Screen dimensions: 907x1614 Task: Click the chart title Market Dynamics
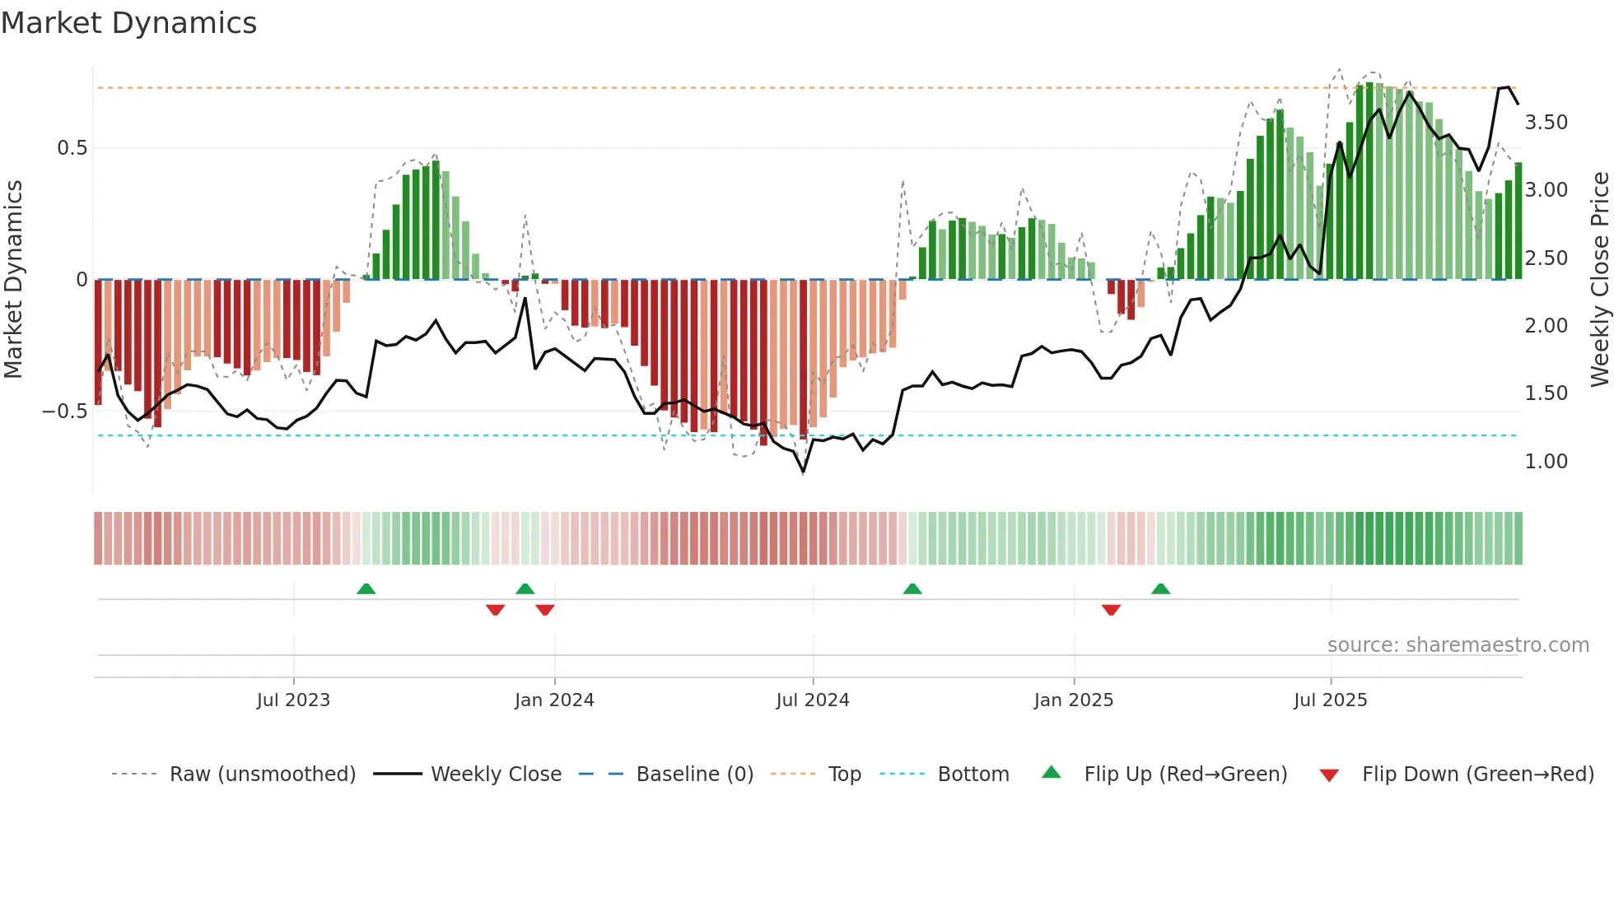coord(129,23)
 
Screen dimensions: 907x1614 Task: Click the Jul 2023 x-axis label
coord(293,700)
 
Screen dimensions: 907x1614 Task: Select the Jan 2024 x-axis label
coord(554,700)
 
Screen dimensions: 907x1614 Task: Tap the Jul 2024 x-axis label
coord(813,700)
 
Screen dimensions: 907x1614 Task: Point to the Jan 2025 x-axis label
coord(1074,700)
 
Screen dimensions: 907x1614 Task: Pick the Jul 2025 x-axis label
coord(1331,700)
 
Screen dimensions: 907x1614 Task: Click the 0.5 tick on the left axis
coord(72,148)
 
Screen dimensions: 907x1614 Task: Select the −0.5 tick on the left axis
coord(65,411)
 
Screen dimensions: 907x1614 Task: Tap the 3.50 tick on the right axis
coord(1546,123)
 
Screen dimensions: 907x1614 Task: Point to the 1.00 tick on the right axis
coord(1546,462)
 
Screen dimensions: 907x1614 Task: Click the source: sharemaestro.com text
coord(1458,644)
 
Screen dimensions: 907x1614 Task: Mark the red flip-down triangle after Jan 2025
coord(1111,610)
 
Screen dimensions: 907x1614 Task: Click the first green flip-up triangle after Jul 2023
coord(366,588)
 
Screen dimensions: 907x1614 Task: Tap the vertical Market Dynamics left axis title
coord(13,280)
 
